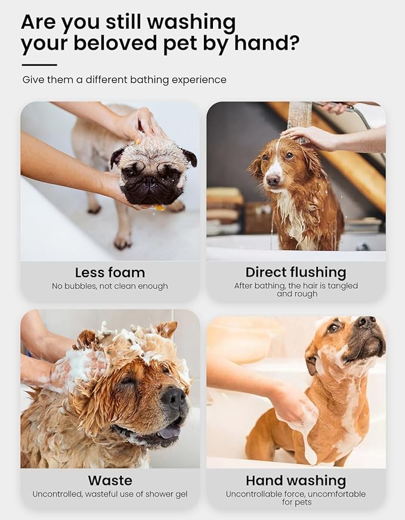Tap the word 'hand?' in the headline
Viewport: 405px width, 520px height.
(x=265, y=44)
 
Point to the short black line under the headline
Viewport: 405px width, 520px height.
(x=39, y=64)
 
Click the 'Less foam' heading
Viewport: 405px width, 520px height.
(x=110, y=272)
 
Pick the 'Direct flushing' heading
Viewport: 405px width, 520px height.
(x=296, y=272)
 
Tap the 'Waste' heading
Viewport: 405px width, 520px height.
(x=110, y=480)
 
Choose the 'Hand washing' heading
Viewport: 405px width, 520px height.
(x=296, y=480)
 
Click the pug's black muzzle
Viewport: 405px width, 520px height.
(x=144, y=190)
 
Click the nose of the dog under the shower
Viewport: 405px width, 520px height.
(x=273, y=180)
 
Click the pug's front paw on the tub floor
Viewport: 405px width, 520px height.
(x=122, y=242)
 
